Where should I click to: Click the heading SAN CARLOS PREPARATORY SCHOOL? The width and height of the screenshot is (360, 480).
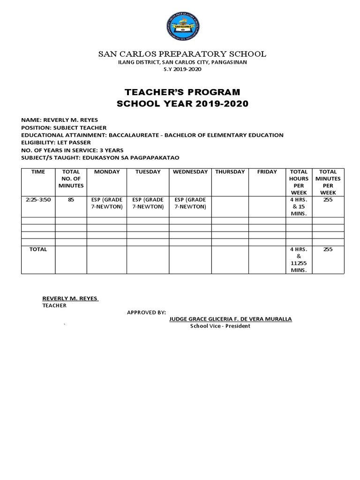click(182, 54)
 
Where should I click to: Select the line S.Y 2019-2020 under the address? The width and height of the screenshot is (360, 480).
click(182, 69)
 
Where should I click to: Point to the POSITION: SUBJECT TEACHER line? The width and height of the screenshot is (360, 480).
click(64, 127)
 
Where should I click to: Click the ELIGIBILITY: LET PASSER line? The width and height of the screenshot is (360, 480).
click(56, 142)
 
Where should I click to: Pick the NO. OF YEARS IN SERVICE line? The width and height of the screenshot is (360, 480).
click(72, 150)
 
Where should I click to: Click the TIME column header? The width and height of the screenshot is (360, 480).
click(38, 172)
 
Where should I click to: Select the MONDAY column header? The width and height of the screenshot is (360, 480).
click(107, 172)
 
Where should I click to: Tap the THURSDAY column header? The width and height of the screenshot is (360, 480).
click(230, 172)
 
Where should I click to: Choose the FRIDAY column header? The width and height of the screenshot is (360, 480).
click(267, 172)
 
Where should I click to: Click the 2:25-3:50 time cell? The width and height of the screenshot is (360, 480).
click(38, 200)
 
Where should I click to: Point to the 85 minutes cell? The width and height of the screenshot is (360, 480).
click(71, 200)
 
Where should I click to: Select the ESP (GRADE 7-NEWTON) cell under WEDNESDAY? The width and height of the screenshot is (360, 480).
click(190, 203)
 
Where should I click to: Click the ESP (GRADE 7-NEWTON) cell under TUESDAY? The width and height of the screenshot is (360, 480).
click(148, 203)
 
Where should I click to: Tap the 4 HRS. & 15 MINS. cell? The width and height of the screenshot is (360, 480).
click(299, 206)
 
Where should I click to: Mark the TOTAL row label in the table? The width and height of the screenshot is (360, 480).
click(38, 249)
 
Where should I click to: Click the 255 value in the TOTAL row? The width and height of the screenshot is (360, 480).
click(328, 249)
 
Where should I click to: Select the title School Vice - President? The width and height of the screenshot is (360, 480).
click(220, 326)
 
